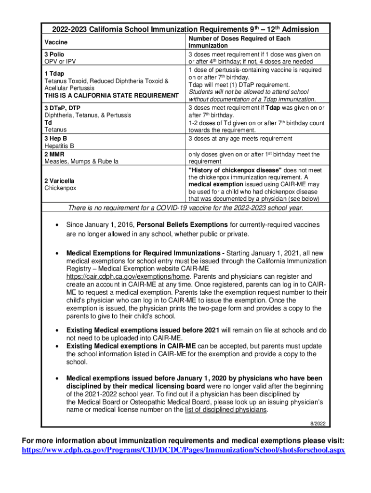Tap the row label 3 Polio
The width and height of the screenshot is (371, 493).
coord(54,54)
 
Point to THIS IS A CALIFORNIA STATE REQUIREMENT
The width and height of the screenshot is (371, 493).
coord(111,95)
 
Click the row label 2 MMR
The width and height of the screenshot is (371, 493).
coord(54,154)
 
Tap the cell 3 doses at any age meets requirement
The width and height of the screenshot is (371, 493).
coord(240,139)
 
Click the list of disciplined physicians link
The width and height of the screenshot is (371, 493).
coord(225,410)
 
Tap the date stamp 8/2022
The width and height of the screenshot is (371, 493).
coord(318,423)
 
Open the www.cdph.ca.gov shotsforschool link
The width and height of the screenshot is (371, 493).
coord(184,451)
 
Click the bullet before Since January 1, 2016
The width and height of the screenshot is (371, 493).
coord(58,225)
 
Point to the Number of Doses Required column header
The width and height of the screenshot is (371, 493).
coord(239,42)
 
